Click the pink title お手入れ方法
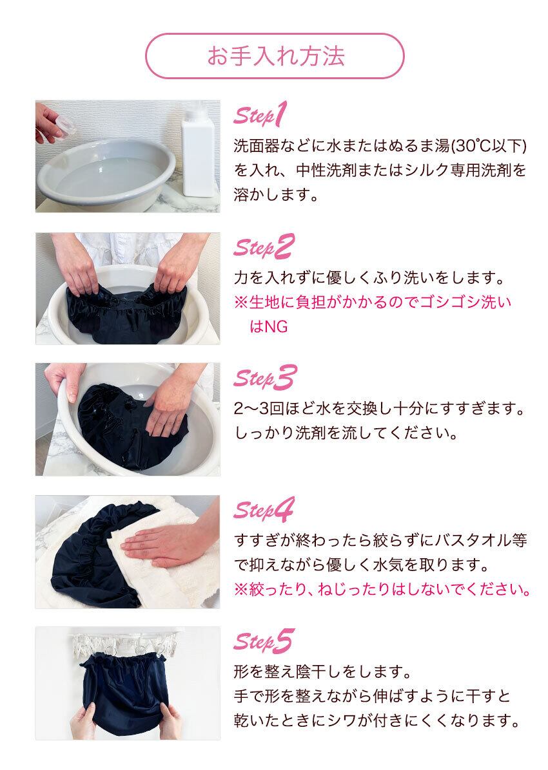pos(275,56)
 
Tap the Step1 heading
pos(260,116)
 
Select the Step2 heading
pos(264,247)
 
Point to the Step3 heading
pos(265,379)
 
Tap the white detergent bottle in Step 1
pos(198,150)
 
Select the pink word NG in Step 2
pos(277,326)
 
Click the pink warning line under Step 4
pos(382,589)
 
